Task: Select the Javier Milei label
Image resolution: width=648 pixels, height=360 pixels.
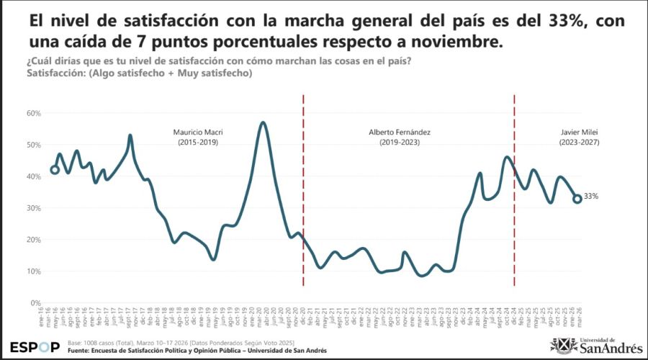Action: pyautogui.click(x=580, y=132)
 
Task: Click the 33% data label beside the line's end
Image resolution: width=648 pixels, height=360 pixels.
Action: pyautogui.click(x=592, y=197)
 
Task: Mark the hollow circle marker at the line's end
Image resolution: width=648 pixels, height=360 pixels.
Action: pyautogui.click(x=577, y=199)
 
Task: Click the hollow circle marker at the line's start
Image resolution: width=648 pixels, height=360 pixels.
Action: pyautogui.click(x=55, y=170)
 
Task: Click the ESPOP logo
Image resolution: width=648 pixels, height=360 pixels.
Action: pyautogui.click(x=35, y=346)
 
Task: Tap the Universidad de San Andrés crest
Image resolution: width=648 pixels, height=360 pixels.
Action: pyautogui.click(x=560, y=346)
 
